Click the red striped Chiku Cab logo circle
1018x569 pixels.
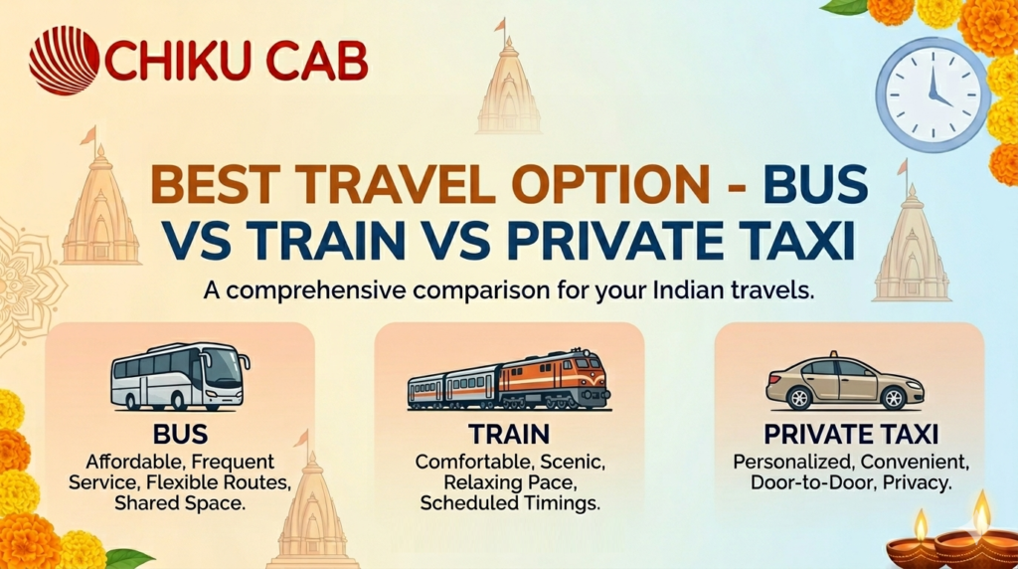tap(64, 61)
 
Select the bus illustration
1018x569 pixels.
tap(179, 377)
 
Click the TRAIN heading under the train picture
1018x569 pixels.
tap(509, 436)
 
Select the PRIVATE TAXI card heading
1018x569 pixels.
tap(851, 436)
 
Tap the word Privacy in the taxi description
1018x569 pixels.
tap(921, 484)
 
